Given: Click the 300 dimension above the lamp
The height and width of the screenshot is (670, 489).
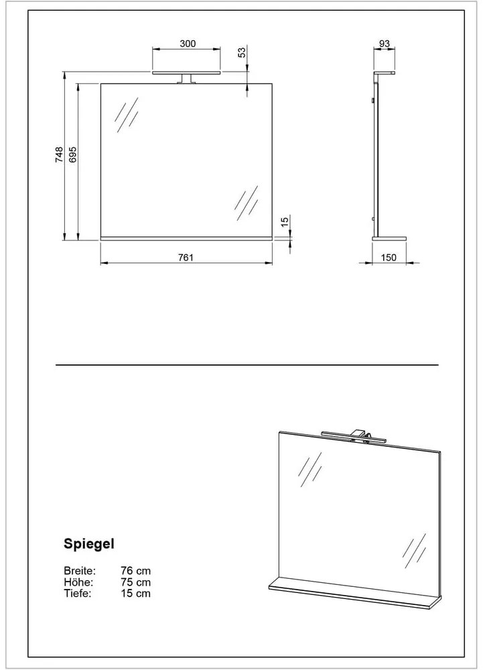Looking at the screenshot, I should point(187,44).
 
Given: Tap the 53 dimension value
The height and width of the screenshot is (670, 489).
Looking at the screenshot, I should point(242,53).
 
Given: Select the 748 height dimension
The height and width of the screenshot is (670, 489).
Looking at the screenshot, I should point(59,155).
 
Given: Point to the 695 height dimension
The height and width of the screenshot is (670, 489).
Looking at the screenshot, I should point(73,155).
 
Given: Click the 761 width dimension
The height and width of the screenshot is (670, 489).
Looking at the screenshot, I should point(186,258).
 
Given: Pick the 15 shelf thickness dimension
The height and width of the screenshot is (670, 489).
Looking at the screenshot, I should point(284,221).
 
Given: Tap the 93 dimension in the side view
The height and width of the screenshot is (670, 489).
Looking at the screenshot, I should point(385,44).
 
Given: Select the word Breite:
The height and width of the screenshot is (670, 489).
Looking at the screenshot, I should point(80,571).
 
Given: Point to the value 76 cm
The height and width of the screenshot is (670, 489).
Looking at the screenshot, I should point(135,571).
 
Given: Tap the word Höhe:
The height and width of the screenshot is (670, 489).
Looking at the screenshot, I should point(78,582).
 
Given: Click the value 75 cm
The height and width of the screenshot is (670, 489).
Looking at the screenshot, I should point(135,582).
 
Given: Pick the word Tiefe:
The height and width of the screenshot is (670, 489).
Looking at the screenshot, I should point(78,593).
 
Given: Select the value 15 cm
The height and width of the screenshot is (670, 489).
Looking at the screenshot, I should point(135,593).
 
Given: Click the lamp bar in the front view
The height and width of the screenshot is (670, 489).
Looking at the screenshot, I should point(187,72).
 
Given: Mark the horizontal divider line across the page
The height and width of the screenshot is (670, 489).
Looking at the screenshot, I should point(247,365).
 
